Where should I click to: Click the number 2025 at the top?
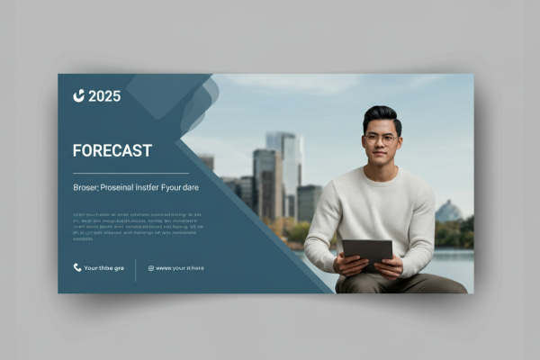[x=104, y=96]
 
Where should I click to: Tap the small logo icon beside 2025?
[x=79, y=95]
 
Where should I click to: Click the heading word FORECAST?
[x=112, y=150]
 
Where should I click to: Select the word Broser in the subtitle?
[x=86, y=187]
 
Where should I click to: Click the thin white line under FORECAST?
[x=130, y=173]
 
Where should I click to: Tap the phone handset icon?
[x=77, y=267]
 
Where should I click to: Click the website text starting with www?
[x=180, y=267]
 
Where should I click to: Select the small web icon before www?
[x=150, y=267]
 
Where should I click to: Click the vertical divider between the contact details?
[x=136, y=269]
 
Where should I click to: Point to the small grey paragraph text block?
[x=130, y=226]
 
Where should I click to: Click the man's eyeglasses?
[x=382, y=138]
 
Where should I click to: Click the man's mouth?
[x=382, y=158]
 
